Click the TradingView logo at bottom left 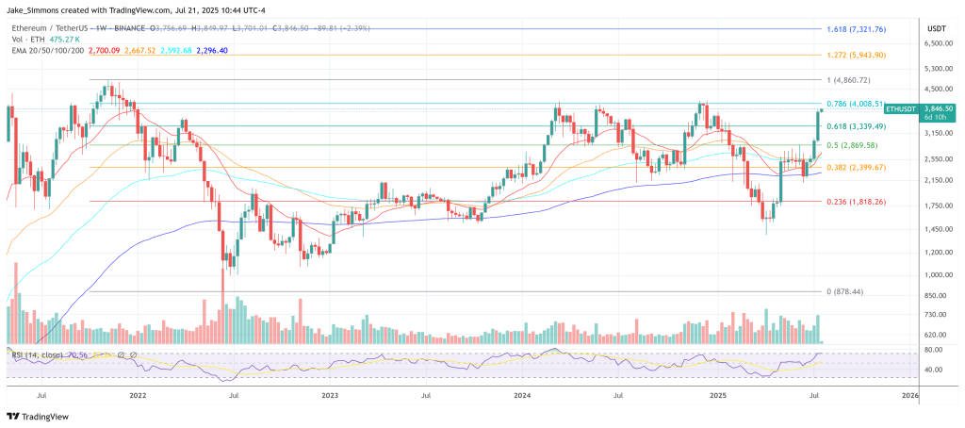[38, 416]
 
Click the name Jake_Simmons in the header [35, 8]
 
